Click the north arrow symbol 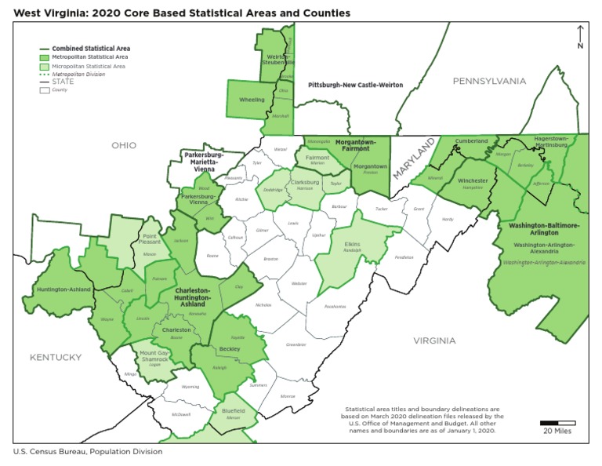(x=579, y=35)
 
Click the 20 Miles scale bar (x=557, y=424)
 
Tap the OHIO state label (x=123, y=145)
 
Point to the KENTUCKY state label (x=56, y=357)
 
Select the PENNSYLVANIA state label (x=490, y=81)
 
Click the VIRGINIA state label (x=434, y=340)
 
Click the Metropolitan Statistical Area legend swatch (x=45, y=57)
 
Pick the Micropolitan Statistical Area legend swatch (x=45, y=67)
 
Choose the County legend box (x=45, y=90)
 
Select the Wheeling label (x=252, y=100)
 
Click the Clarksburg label (x=305, y=182)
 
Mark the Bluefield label (x=233, y=410)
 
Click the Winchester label (x=473, y=180)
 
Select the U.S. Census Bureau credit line (x=88, y=452)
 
